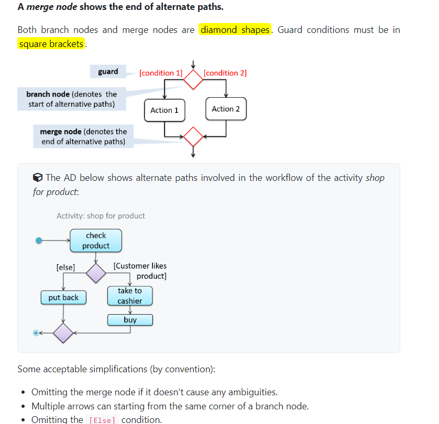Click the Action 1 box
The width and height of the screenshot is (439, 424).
[164, 110]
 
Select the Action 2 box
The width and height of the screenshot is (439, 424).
[226, 109]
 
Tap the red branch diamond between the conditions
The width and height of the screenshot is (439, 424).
[193, 79]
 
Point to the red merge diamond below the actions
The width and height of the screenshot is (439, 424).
[193, 136]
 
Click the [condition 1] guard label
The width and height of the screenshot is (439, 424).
[161, 73]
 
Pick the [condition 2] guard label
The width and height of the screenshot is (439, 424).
[225, 73]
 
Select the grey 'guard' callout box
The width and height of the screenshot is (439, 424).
[108, 72]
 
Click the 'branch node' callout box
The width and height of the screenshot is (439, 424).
[72, 99]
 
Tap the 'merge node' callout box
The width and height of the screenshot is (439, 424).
[83, 136]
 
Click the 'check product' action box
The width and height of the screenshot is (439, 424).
[96, 240]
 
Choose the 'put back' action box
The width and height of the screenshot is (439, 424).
[63, 297]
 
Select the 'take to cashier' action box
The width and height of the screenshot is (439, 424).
[130, 295]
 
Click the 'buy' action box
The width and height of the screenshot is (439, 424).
[130, 320]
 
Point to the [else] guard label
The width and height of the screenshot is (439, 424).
[65, 267]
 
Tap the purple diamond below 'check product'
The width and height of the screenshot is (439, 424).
[96, 272]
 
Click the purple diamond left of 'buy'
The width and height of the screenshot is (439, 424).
[63, 333]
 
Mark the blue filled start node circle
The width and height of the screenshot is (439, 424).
[38, 240]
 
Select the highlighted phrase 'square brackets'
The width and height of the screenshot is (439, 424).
[51, 44]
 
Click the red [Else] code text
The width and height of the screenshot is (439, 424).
[102, 420]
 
